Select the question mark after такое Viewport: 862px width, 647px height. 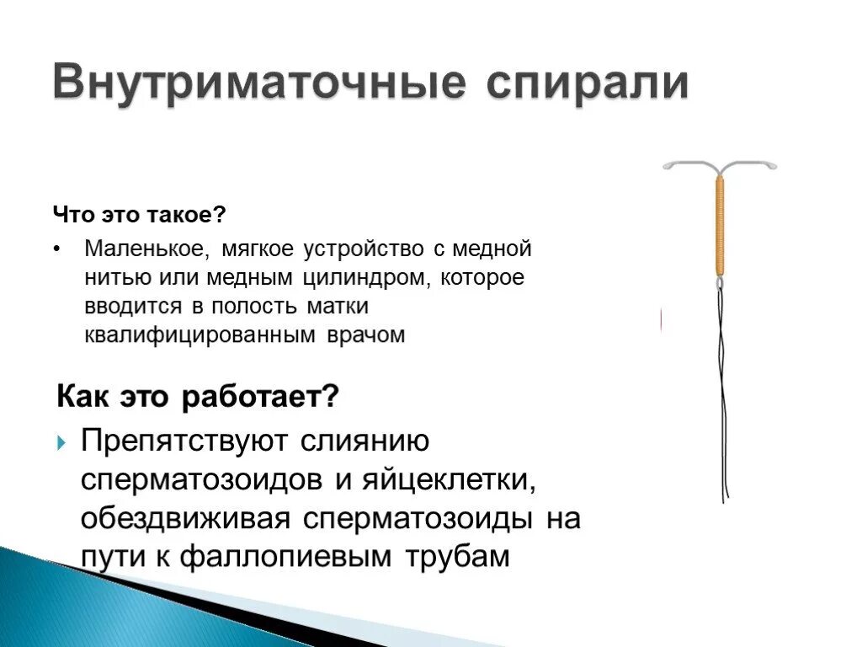tap(221, 215)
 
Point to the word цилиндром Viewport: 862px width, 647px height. tap(364, 277)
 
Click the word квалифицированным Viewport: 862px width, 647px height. tap(198, 334)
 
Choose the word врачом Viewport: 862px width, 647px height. tap(363, 334)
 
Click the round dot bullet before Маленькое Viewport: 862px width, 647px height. tap(56, 250)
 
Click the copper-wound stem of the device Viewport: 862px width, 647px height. tap(720, 224)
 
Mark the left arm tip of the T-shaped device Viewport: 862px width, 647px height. tap(668, 167)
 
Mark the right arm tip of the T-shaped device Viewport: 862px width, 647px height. tap(772, 166)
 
